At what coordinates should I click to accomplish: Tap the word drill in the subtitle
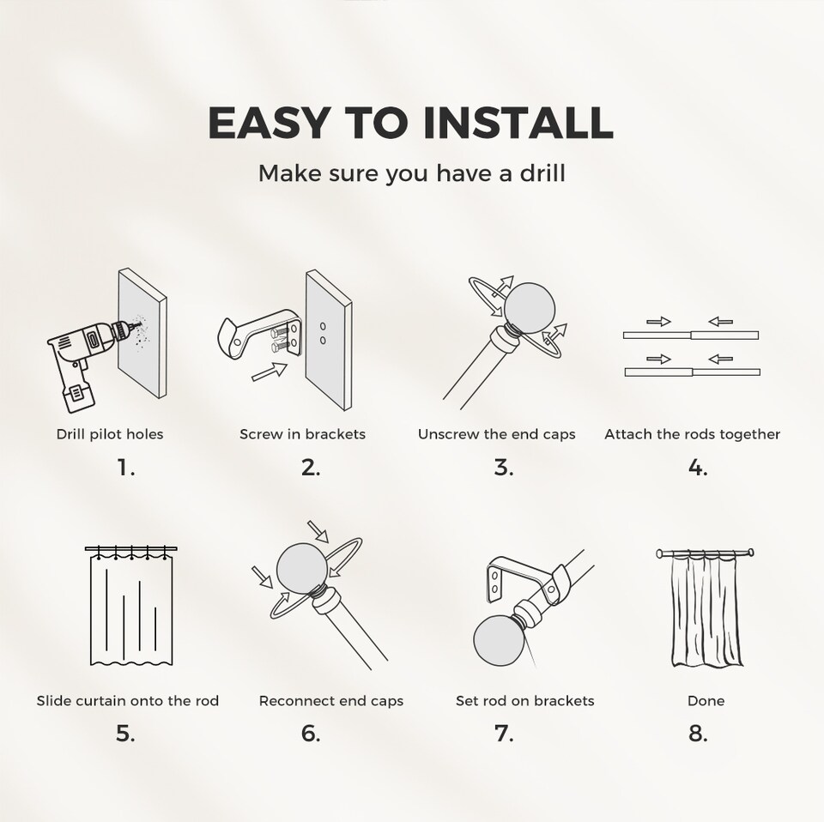(x=541, y=174)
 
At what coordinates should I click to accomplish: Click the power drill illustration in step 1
(x=82, y=355)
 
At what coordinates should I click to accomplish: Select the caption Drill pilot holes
(x=110, y=434)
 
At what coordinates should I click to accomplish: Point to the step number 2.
(x=311, y=468)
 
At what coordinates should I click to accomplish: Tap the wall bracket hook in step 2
(x=231, y=335)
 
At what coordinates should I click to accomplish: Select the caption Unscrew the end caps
(x=496, y=434)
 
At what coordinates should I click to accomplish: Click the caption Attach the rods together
(x=692, y=434)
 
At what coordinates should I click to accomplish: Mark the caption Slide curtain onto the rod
(x=127, y=701)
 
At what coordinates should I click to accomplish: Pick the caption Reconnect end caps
(x=331, y=701)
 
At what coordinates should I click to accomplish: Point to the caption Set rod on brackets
(x=524, y=701)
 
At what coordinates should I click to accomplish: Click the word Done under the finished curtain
(x=706, y=701)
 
